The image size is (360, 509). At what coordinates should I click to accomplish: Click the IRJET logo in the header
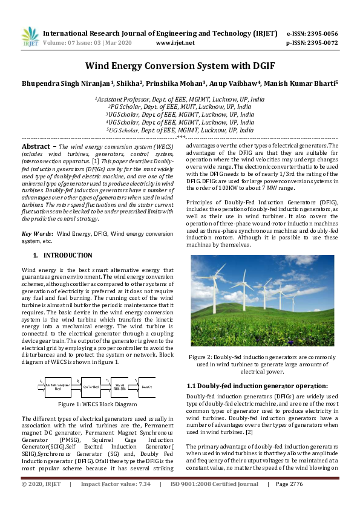(x=30, y=37)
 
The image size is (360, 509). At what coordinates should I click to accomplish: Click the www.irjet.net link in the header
(x=175, y=43)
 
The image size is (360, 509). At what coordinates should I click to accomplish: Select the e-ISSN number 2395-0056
(x=321, y=33)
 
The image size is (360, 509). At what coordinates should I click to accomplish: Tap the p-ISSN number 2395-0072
(x=321, y=43)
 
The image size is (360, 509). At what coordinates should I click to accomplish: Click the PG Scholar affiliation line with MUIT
(x=180, y=106)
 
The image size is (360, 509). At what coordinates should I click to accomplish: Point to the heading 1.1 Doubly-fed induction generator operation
(x=257, y=385)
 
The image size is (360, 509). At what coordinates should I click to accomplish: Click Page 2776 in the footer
(x=289, y=501)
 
